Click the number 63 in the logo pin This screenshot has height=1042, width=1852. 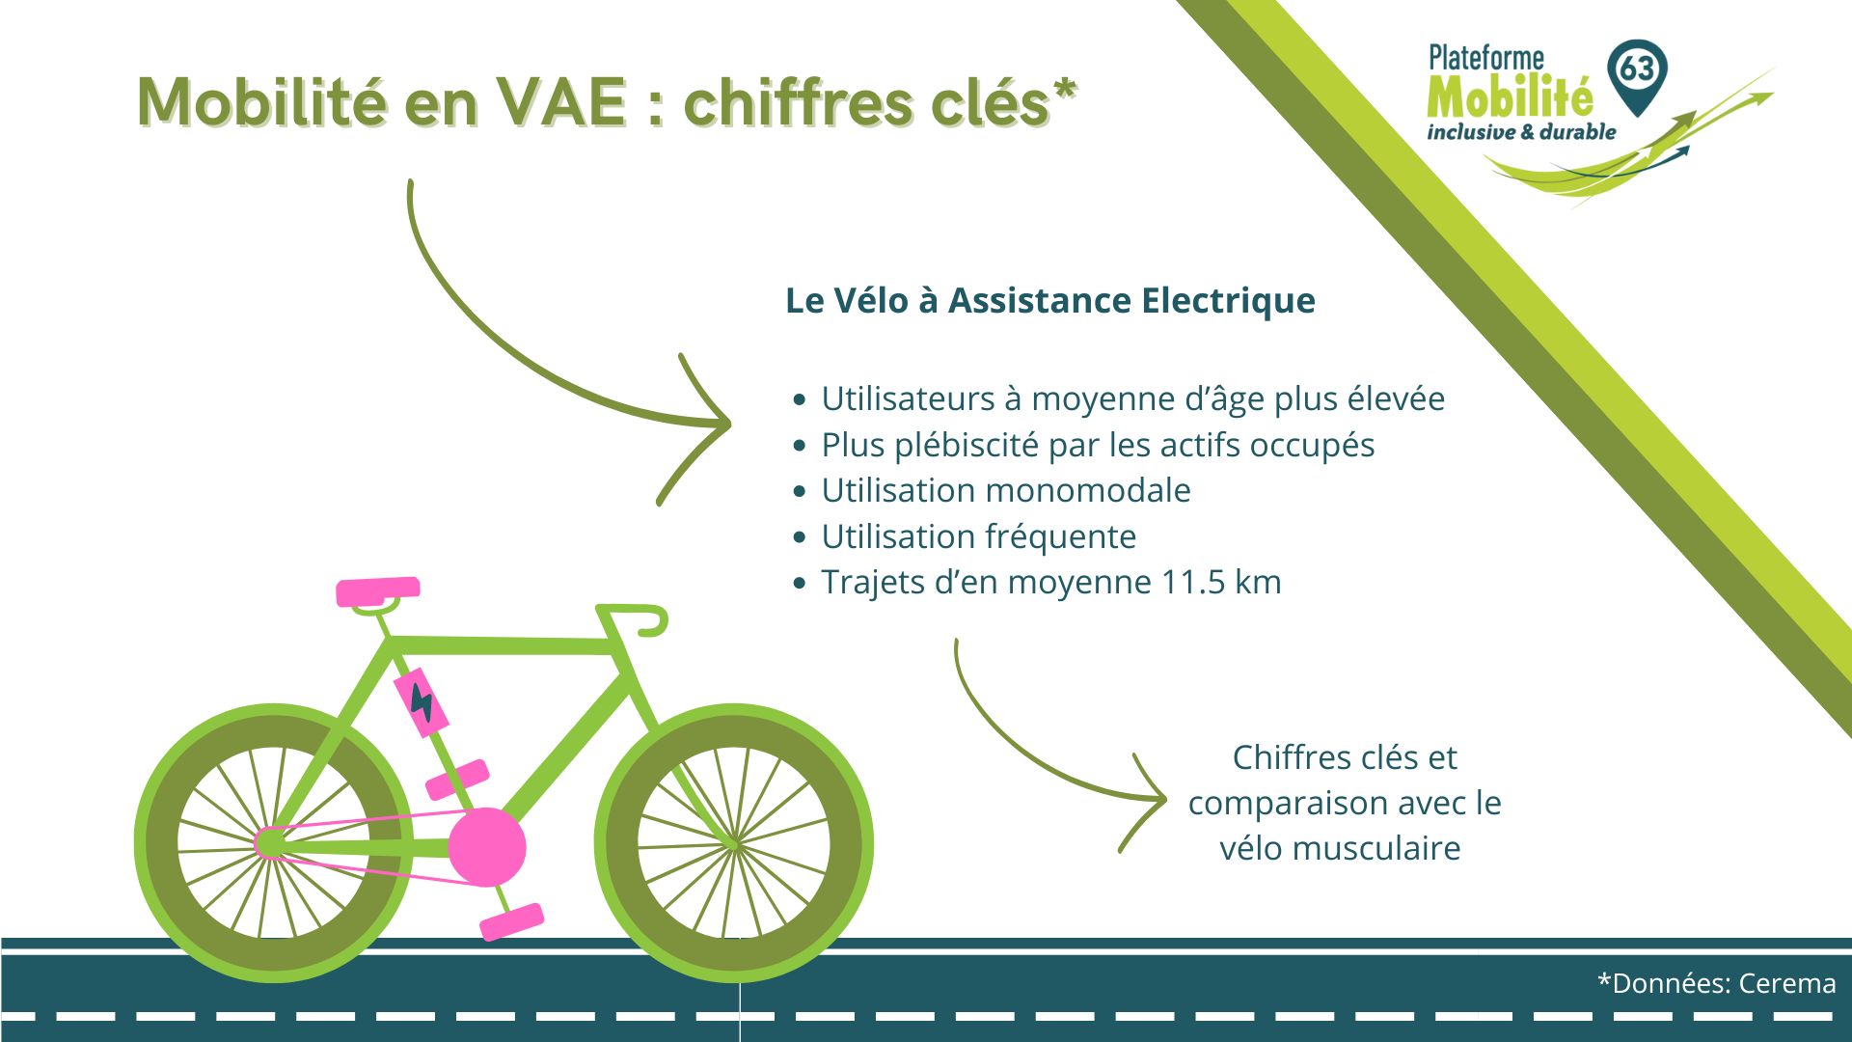tap(1637, 69)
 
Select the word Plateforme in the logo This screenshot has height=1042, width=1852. tap(1485, 59)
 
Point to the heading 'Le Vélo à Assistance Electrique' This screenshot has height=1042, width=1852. tap(1049, 300)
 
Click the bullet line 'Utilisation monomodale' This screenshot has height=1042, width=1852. tap(1005, 490)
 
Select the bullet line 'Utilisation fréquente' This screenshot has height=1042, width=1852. tap(978, 536)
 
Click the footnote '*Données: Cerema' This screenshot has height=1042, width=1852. tap(1716, 983)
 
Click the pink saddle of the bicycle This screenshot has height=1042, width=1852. tap(377, 590)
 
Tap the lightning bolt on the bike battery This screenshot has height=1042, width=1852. tap(422, 701)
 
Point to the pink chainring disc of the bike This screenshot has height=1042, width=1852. tap(487, 847)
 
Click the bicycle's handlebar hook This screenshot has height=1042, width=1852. tap(652, 623)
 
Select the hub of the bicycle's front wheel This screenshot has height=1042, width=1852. tap(734, 844)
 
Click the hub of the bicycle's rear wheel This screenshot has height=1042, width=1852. tap(270, 843)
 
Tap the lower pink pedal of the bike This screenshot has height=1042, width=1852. tap(511, 921)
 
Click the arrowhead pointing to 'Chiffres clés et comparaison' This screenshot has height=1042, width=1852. tap(1157, 799)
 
